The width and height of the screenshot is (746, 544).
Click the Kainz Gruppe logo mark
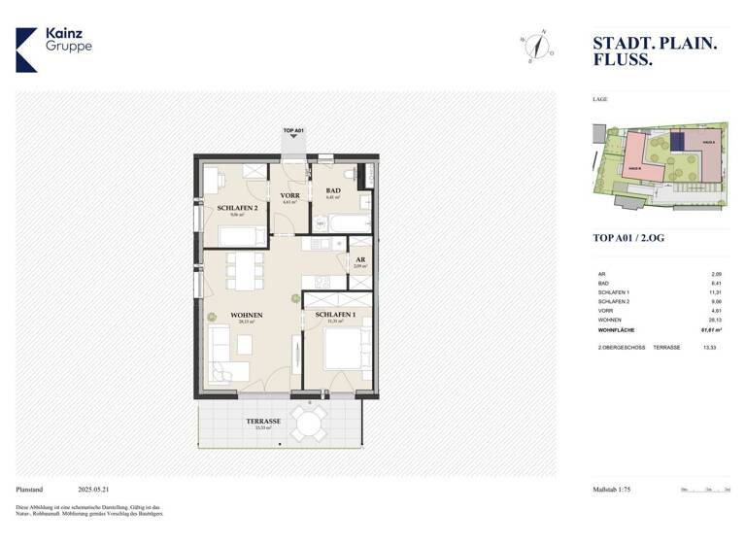(27, 50)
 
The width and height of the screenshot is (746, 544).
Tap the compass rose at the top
(535, 46)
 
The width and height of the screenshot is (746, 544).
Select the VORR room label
(289, 196)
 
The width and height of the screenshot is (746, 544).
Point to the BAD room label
(333, 190)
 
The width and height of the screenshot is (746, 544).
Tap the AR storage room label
(359, 260)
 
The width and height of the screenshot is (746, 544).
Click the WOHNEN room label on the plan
(247, 316)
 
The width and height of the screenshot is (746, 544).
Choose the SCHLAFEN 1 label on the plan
(334, 316)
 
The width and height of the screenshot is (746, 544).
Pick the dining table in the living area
(246, 269)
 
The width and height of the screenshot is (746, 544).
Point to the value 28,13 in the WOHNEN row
(716, 319)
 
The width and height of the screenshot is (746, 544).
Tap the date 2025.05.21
(96, 490)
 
